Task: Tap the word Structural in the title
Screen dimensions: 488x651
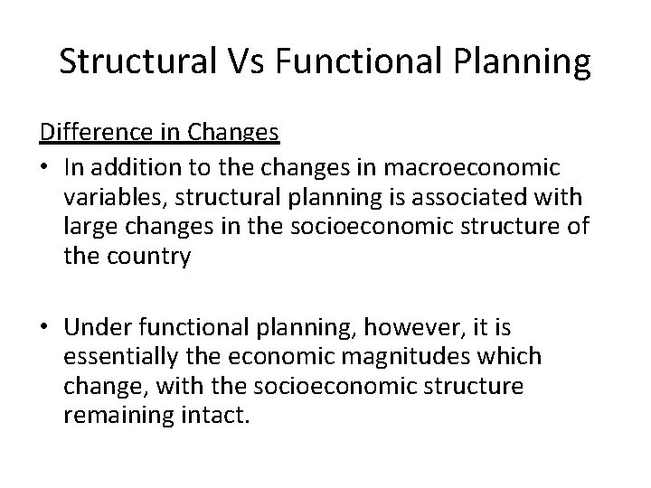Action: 127,61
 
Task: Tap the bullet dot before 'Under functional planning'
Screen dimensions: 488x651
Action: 45,324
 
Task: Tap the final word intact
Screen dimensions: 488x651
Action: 213,418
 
